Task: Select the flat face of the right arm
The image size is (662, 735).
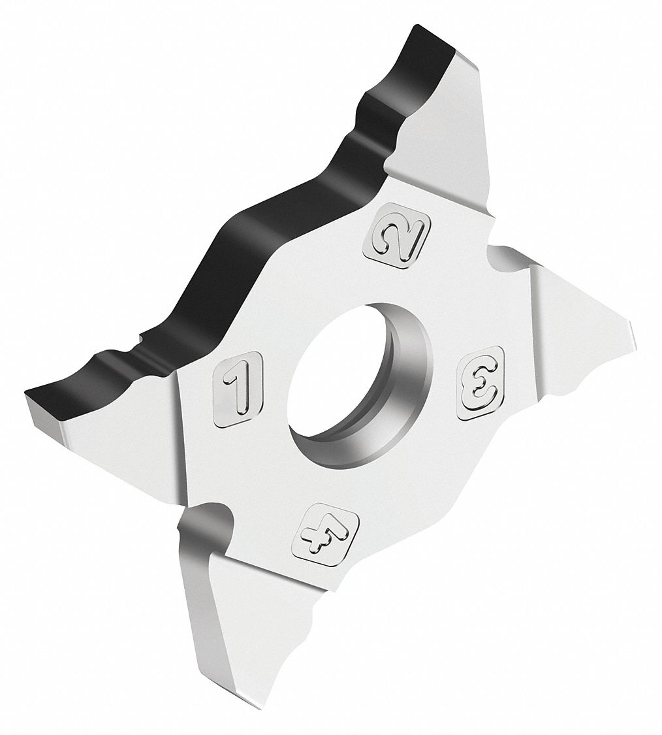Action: coord(575,327)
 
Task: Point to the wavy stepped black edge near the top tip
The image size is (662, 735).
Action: coord(379,111)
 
